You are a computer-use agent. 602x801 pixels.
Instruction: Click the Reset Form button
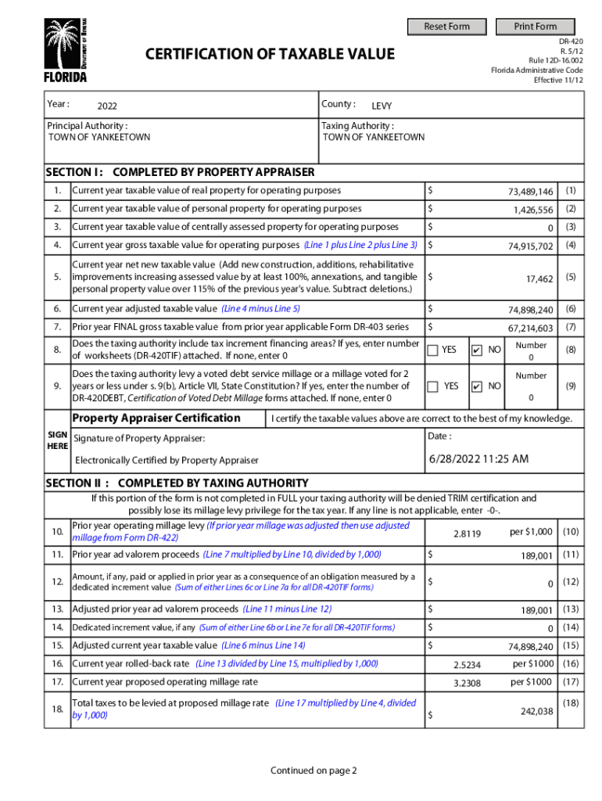pyautogui.click(x=446, y=27)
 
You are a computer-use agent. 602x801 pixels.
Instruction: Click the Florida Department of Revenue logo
pyautogui.click(x=65, y=50)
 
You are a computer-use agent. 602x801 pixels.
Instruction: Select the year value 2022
pyautogui.click(x=107, y=106)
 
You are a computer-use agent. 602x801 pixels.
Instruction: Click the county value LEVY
pyautogui.click(x=382, y=106)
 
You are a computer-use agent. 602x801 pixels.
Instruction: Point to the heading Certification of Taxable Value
pyautogui.click(x=270, y=54)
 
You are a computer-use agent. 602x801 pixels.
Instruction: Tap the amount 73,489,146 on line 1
pyautogui.click(x=530, y=192)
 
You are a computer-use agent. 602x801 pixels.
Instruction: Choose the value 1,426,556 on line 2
pyautogui.click(x=533, y=210)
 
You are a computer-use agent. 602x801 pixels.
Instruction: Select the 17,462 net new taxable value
pyautogui.click(x=539, y=278)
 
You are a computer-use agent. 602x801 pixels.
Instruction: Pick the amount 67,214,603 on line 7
pyautogui.click(x=530, y=329)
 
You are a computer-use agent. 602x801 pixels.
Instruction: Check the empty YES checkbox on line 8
pyautogui.click(x=432, y=350)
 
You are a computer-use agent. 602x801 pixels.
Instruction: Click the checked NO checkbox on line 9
pyautogui.click(x=477, y=386)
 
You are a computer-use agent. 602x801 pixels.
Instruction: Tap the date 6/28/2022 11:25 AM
pyautogui.click(x=478, y=458)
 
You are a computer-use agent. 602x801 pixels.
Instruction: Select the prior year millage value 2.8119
pyautogui.click(x=467, y=533)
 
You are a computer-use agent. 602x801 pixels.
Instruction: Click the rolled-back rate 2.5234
pyautogui.click(x=467, y=665)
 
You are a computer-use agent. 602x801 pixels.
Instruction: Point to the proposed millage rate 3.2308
pyautogui.click(x=467, y=683)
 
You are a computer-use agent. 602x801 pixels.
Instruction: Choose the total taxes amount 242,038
pyautogui.click(x=536, y=711)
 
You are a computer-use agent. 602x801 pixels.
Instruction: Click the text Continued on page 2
pyautogui.click(x=314, y=770)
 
